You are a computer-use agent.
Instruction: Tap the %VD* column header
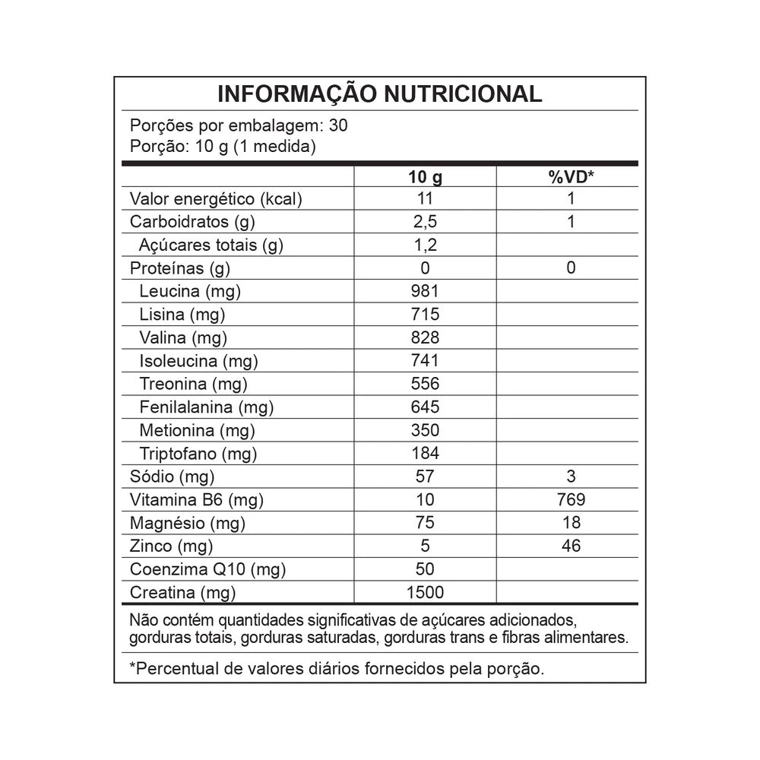pos(571,177)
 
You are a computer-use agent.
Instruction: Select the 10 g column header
pos(425,177)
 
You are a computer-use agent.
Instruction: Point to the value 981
pos(425,291)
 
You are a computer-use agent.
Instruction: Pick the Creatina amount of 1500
pos(425,592)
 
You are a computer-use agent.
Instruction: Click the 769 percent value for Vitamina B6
pos(571,499)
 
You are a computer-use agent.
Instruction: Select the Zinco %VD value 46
pos(571,546)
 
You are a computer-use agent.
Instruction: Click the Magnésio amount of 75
pos(425,523)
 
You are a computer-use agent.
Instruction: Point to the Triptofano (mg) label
pos(198,454)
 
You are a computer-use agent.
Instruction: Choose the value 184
pos(425,454)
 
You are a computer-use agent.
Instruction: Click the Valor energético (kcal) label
pos(217,199)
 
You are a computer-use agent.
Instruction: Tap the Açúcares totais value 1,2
pos(425,245)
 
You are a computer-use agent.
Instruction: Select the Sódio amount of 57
pos(425,477)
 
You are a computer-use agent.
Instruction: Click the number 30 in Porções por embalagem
pos(339,125)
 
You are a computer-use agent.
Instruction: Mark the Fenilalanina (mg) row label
pos(206,407)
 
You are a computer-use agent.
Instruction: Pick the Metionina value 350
pos(425,430)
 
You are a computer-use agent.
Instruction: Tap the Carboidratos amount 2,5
pos(425,223)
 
